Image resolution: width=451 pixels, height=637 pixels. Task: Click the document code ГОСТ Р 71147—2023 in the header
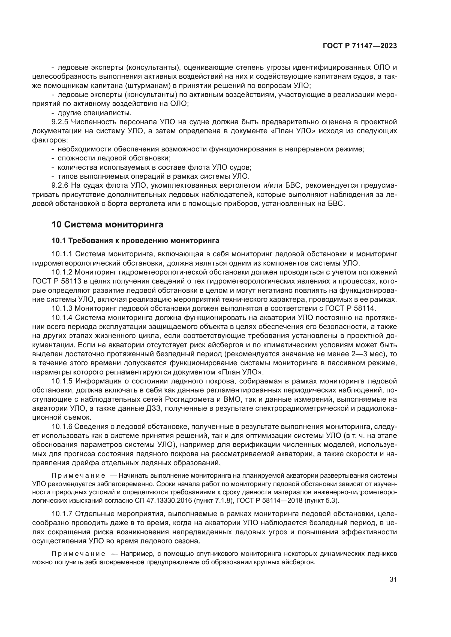360,46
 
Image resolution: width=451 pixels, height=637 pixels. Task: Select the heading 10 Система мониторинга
107,224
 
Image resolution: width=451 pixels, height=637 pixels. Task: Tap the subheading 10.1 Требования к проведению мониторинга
135,240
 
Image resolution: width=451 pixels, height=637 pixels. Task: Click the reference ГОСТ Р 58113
57,281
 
